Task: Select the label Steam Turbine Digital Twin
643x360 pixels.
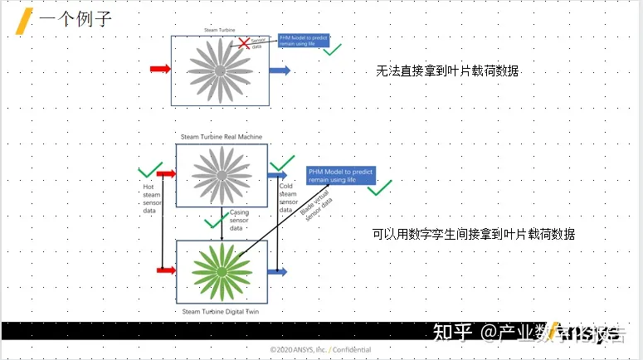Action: click(221, 311)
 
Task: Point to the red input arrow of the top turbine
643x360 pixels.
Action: click(159, 69)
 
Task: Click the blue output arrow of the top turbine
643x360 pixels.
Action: click(280, 71)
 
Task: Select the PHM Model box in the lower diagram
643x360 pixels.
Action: click(340, 175)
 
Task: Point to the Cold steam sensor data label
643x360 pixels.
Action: click(288, 197)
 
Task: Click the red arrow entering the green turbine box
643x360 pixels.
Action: click(166, 270)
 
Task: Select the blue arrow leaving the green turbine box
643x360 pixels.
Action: click(278, 271)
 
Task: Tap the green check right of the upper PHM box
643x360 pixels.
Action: click(333, 51)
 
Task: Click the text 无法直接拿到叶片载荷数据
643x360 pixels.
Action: click(447, 71)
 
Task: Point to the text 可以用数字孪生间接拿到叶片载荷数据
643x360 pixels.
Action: click(473, 235)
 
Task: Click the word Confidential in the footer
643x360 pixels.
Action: click(352, 350)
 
